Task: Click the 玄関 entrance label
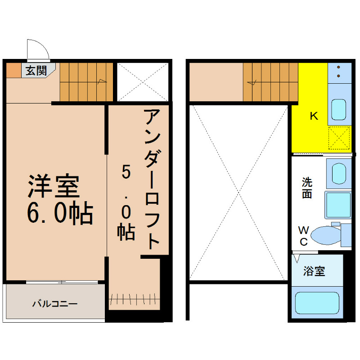pyautogui.click(x=36, y=71)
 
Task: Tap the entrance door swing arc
pyautogui.click(x=44, y=45)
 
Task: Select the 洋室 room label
pyautogui.click(x=54, y=186)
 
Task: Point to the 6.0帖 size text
pyautogui.click(x=60, y=213)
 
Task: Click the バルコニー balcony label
pyautogui.click(x=55, y=304)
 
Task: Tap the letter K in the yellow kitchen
pyautogui.click(x=314, y=116)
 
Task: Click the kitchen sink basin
pyautogui.click(x=339, y=109)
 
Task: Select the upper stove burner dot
pyautogui.click(x=338, y=67)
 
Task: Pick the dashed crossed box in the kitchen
pyautogui.click(x=339, y=138)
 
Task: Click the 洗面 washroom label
pyautogui.click(x=307, y=188)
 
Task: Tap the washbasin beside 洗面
pyautogui.click(x=339, y=174)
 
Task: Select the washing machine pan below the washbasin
pyautogui.click(x=338, y=205)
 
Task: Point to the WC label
pyautogui.click(x=303, y=236)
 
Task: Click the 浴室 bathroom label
pyautogui.click(x=314, y=271)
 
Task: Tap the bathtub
pyautogui.click(x=317, y=303)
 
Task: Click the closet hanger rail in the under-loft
pyautogui.click(x=134, y=299)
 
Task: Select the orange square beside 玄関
pyautogui.click(x=13, y=70)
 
